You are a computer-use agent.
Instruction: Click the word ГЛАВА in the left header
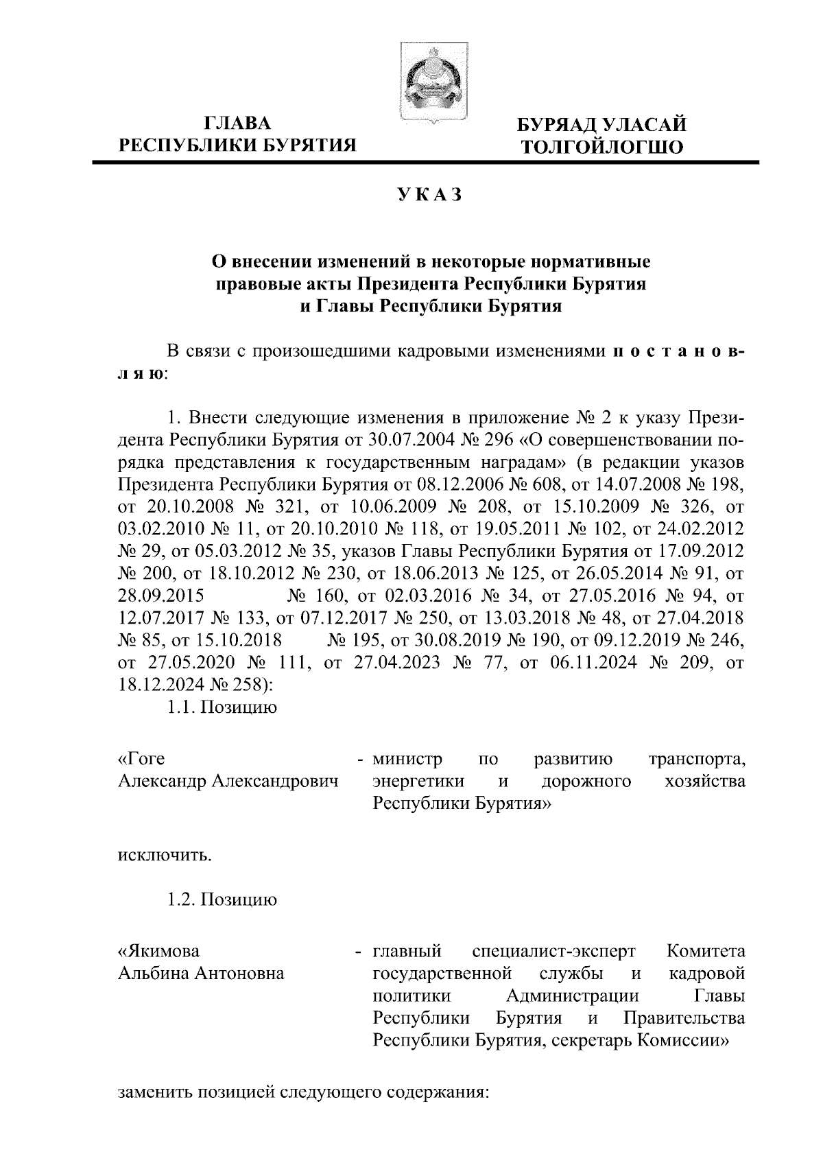[238, 123]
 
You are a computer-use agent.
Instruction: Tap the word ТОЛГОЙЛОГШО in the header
[602, 147]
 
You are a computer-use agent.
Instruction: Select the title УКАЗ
[429, 195]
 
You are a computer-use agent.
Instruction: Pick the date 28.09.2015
[156, 596]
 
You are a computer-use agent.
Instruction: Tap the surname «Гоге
[142, 760]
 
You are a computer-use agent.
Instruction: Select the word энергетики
[418, 781]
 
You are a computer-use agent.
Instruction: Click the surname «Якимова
[159, 952]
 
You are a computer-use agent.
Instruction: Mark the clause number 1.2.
[182, 899]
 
